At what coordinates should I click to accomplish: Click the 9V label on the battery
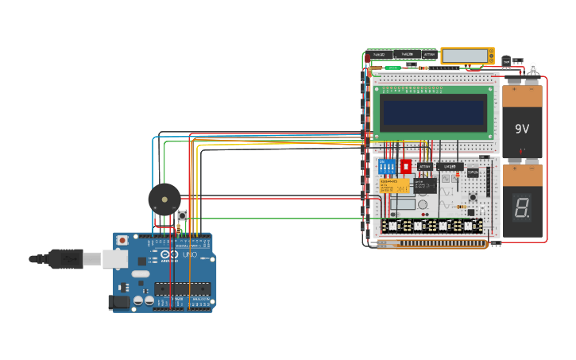tap(522, 129)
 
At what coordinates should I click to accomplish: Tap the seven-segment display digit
tap(521, 207)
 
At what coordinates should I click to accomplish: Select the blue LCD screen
tap(433, 113)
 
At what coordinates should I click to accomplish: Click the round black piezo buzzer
tap(164, 199)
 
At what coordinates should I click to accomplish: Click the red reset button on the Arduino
tap(122, 241)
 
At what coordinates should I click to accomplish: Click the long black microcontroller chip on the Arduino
tap(184, 288)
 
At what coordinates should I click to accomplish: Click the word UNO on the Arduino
tap(190, 255)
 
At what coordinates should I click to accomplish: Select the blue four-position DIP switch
tap(389, 168)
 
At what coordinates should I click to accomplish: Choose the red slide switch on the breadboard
tap(405, 167)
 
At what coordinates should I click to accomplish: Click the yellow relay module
tap(395, 186)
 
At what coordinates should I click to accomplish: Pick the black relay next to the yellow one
tap(424, 185)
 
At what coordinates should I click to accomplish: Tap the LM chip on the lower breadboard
tap(449, 167)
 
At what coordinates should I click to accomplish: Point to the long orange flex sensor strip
tap(433, 245)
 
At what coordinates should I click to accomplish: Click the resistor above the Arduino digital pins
tap(178, 230)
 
